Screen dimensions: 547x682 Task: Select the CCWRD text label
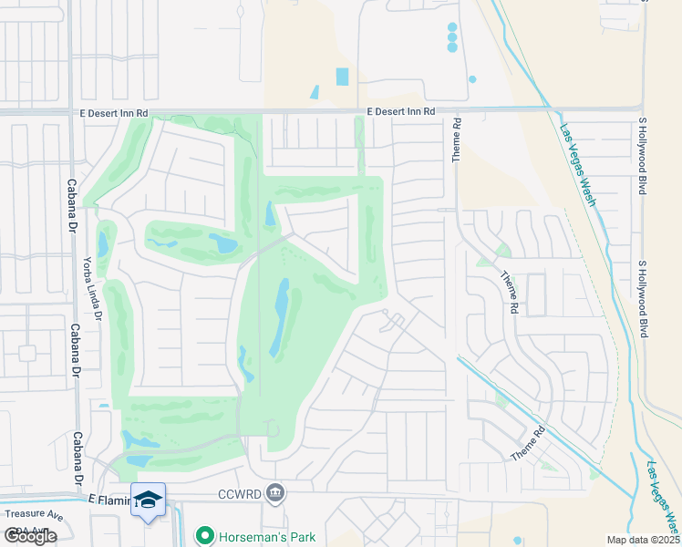coord(241,495)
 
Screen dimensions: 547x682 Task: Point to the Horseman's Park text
coord(266,537)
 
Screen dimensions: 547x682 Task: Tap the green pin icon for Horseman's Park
coord(205,537)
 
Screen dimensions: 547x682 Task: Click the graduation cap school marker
coord(148,500)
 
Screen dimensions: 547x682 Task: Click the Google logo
coord(30,536)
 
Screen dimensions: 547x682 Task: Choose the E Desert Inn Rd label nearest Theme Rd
coord(401,111)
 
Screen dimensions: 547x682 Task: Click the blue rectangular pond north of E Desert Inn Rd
coord(342,77)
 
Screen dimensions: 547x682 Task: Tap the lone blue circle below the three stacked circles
coord(472,79)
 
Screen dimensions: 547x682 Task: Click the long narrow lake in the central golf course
coord(278,318)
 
